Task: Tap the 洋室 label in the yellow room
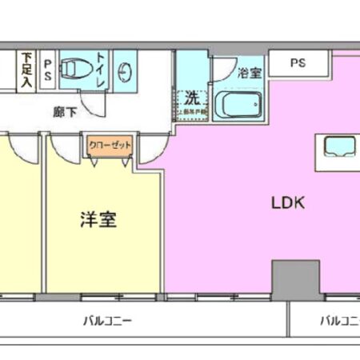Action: tap(98, 218)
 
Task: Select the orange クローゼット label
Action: tap(110, 146)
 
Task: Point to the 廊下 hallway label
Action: tap(66, 112)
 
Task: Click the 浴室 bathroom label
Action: tap(249, 73)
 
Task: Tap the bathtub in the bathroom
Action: tap(238, 104)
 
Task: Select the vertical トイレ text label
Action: tap(102, 66)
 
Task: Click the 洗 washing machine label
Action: tap(193, 99)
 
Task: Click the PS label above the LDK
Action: tap(297, 62)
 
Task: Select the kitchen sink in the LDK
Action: tap(338, 146)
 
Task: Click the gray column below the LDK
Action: tap(295, 279)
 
